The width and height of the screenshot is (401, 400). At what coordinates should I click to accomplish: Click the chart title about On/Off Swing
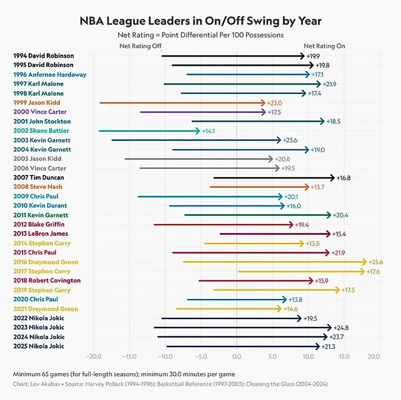click(x=200, y=21)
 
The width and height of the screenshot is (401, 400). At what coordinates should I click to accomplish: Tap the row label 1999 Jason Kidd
click(x=37, y=103)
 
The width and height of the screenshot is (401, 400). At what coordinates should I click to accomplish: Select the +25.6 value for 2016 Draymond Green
click(x=376, y=262)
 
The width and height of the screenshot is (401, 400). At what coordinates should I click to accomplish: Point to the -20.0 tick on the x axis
click(x=93, y=357)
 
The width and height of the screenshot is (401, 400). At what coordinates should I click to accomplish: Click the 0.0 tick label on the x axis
click(x=237, y=357)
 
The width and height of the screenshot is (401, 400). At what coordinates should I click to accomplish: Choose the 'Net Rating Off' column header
click(x=140, y=46)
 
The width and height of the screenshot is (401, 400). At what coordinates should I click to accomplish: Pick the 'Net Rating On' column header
click(x=325, y=46)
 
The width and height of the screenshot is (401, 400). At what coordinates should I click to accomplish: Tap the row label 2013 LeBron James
click(x=41, y=234)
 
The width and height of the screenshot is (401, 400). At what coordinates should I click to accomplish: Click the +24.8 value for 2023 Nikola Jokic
click(x=341, y=328)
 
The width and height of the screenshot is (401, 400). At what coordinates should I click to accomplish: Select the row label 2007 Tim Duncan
click(x=38, y=177)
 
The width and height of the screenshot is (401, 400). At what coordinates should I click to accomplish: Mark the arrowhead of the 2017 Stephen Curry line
click(x=363, y=271)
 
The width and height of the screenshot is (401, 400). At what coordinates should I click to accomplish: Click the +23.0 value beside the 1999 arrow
click(x=274, y=103)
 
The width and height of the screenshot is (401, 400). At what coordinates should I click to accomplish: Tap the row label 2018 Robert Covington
click(x=47, y=280)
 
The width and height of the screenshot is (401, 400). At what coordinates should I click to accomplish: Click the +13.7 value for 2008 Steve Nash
click(x=318, y=187)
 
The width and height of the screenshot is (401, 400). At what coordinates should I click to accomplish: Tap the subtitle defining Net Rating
click(x=200, y=35)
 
